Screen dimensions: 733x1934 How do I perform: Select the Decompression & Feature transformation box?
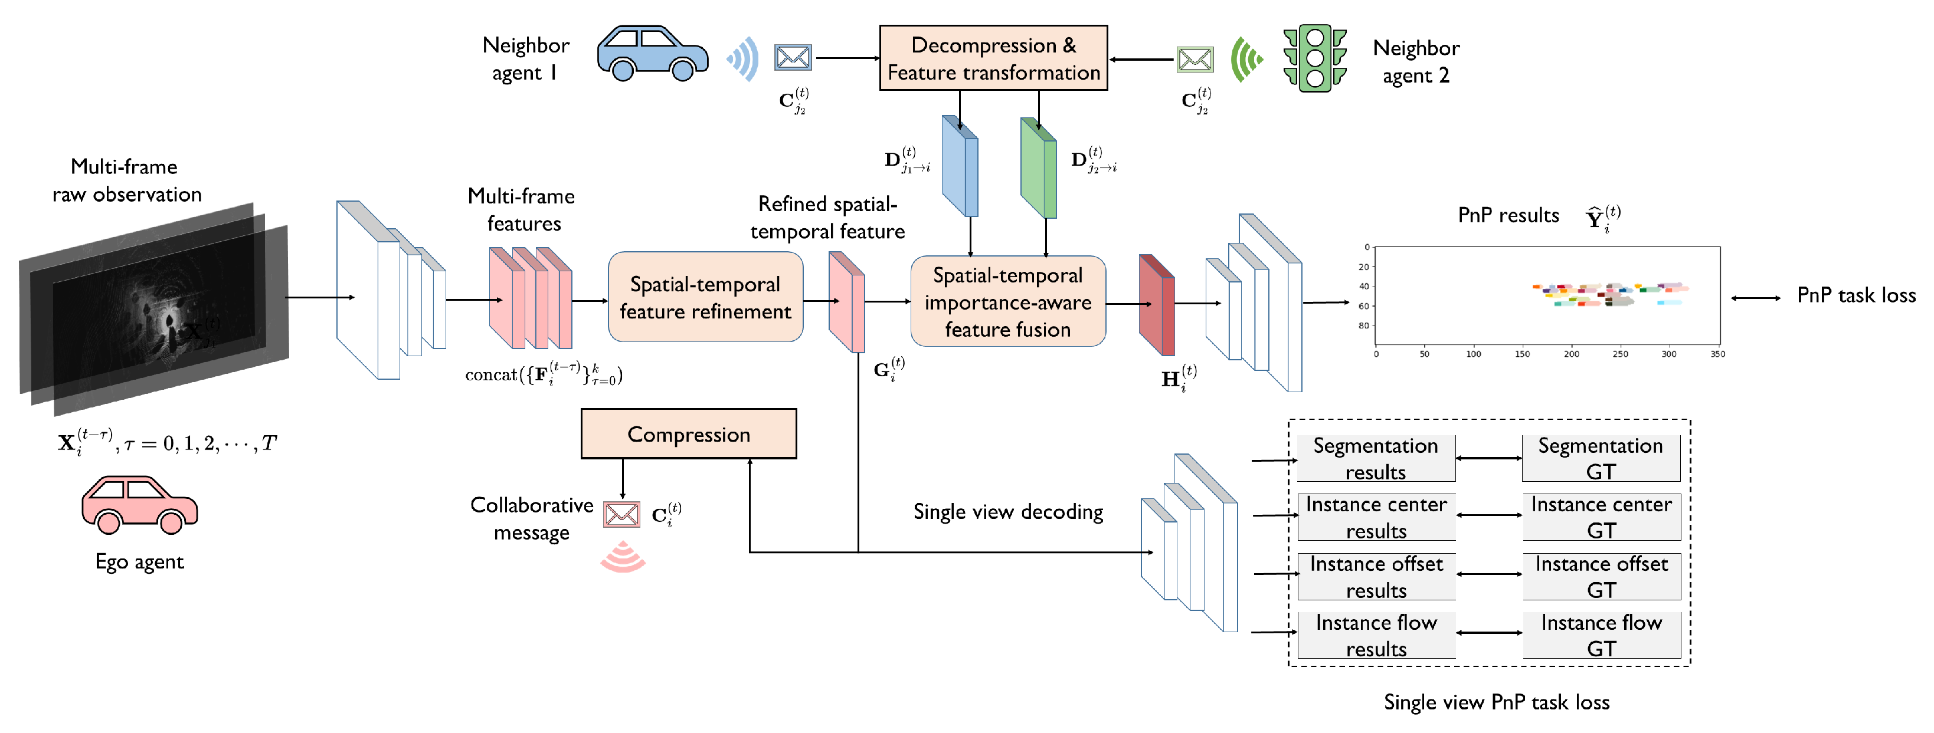[993, 58]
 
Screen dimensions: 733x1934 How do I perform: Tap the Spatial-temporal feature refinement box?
[705, 297]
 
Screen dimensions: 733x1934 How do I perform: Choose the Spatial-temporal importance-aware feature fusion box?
[1007, 301]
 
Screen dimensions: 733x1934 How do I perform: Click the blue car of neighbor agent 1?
[652, 54]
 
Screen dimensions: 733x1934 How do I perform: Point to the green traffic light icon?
[1314, 58]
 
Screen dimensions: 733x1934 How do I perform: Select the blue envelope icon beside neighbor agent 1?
[792, 58]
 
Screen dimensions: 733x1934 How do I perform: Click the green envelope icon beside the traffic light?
[1195, 60]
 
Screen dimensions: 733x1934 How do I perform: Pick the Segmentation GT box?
[1600, 458]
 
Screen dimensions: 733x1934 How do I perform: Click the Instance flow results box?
[1376, 635]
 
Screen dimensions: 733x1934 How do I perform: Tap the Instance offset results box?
[1376, 576]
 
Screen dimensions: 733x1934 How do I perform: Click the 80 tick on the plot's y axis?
[1363, 326]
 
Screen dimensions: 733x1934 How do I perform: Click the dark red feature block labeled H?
[1157, 305]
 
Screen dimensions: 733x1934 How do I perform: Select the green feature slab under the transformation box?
[1038, 168]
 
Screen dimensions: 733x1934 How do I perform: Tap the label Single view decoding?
[1007, 512]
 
